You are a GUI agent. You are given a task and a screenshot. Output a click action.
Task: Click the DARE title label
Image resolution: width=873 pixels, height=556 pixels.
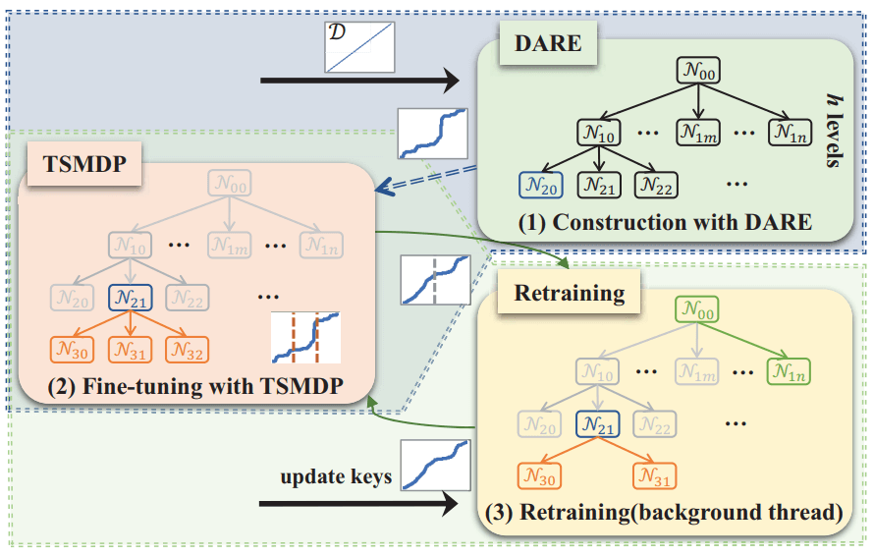(547, 42)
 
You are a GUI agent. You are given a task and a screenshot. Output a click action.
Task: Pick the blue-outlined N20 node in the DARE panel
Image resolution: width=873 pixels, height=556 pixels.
(541, 183)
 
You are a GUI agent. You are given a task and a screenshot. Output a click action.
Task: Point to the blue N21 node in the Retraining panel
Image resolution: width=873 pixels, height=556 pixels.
(599, 423)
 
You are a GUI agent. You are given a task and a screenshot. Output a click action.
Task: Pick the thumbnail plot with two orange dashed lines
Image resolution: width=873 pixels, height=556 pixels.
(304, 337)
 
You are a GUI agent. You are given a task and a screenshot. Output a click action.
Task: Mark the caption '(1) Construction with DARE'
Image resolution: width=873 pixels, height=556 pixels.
(665, 223)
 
